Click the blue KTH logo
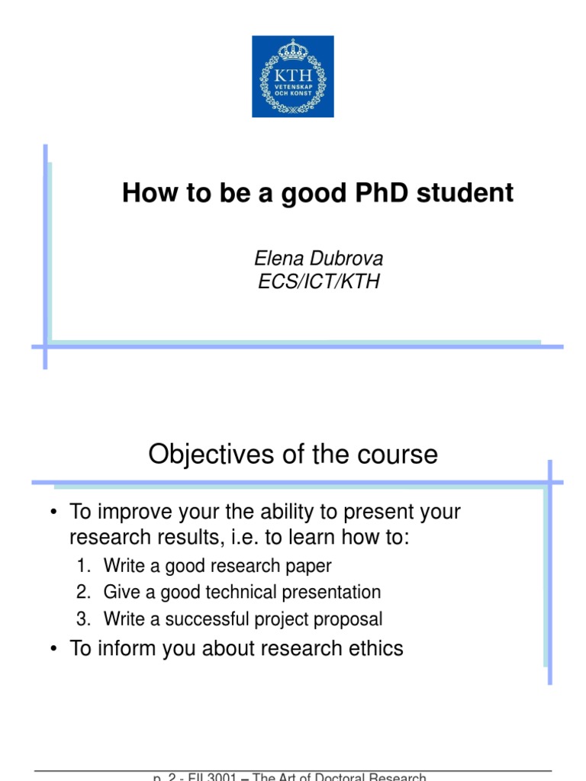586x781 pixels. point(293,76)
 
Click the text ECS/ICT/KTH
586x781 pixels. point(318,281)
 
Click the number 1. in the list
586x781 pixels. point(83,566)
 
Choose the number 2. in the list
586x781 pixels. point(83,592)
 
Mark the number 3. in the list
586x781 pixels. point(83,619)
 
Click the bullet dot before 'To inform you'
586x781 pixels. point(53,649)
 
